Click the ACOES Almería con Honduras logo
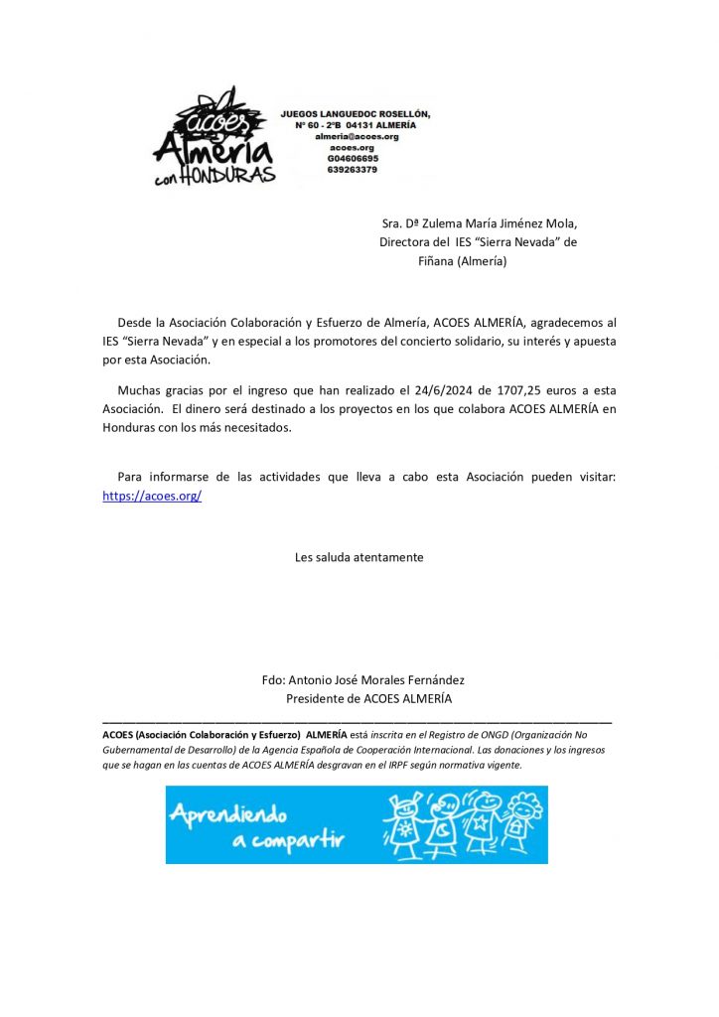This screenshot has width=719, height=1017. [x=214, y=136]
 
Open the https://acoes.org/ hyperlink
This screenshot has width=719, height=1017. [x=152, y=496]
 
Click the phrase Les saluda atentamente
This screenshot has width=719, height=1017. [x=359, y=557]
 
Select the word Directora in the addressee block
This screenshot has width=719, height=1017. [x=404, y=242]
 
